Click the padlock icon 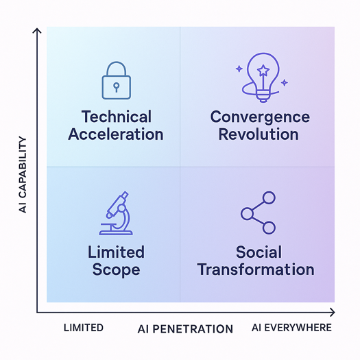tap(117, 80)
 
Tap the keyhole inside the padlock tap(117, 87)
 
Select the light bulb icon tap(262, 77)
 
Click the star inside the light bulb tap(263, 70)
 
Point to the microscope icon tap(116, 213)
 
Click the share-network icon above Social tap(258, 213)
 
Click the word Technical tap(117, 117)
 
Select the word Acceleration tap(116, 134)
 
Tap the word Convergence tap(260, 117)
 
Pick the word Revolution tap(259, 134)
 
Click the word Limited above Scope tap(116, 252)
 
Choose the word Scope tap(116, 269)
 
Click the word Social tap(259, 252)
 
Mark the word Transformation tap(256, 269)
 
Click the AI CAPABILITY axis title tap(23, 175)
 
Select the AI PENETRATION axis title tap(185, 329)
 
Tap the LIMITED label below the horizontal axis tap(84, 328)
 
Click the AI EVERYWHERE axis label tap(291, 328)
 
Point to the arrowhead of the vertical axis tap(37, 31)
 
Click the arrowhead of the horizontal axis tap(332, 312)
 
